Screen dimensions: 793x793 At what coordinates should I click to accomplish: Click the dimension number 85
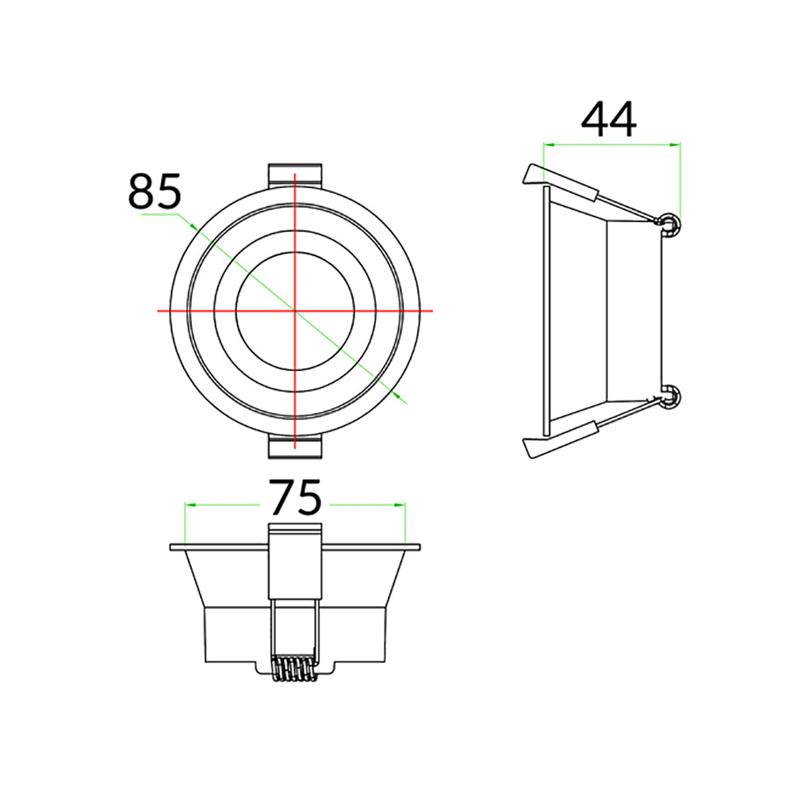click(x=155, y=191)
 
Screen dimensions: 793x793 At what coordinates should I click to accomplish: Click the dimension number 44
click(x=609, y=120)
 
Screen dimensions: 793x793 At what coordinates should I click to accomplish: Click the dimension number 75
click(x=295, y=499)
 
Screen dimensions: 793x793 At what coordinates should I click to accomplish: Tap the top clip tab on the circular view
click(x=295, y=175)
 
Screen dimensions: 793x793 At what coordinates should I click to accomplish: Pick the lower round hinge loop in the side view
click(x=671, y=396)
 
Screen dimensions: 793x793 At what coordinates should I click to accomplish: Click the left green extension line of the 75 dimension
click(x=185, y=523)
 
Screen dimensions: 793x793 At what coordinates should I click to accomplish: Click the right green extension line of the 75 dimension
click(x=405, y=523)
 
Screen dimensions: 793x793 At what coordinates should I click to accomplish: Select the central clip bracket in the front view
click(x=295, y=563)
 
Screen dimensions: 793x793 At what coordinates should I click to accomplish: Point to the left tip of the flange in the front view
click(x=172, y=546)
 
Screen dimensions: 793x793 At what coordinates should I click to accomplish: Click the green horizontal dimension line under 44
click(x=611, y=144)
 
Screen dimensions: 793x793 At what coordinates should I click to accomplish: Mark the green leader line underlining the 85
click(x=159, y=214)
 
